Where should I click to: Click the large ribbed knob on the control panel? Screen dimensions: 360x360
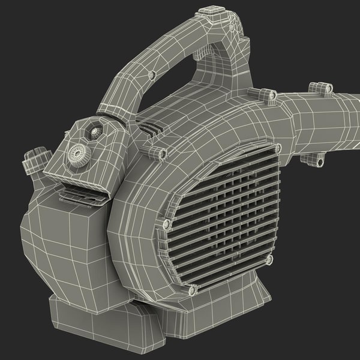[77, 153]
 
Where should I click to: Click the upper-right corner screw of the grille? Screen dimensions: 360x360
[277, 148]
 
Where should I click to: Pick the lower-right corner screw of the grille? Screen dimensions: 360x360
[268, 259]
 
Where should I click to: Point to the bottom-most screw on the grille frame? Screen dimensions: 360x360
[192, 291]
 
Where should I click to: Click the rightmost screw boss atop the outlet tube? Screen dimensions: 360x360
[325, 89]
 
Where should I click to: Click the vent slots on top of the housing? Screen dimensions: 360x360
[150, 127]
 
